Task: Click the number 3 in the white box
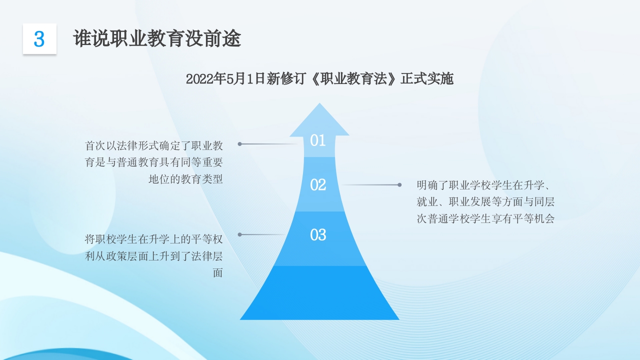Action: [39, 39]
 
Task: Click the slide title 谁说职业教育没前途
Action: [157, 38]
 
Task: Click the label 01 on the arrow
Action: [318, 140]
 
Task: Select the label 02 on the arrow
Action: [318, 185]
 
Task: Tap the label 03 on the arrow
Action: [318, 234]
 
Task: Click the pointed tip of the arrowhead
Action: [319, 105]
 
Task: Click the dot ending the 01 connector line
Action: [239, 144]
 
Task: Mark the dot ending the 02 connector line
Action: [399, 185]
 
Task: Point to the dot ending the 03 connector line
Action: [239, 234]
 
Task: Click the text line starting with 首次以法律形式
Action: [153, 146]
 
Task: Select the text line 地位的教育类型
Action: [185, 179]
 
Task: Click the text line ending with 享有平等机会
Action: [485, 218]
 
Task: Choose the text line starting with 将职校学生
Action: [153, 239]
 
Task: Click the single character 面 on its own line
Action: [217, 273]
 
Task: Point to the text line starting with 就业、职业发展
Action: [485, 202]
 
